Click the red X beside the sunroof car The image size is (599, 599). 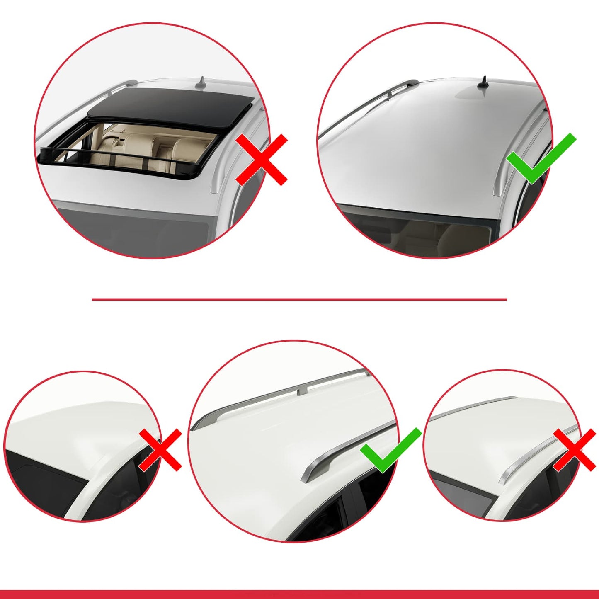click(x=262, y=160)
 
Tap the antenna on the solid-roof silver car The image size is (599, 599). click(x=483, y=82)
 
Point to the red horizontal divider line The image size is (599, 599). click(x=299, y=299)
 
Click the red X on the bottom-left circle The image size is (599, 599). click(x=160, y=450)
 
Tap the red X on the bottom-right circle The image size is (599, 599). click(x=575, y=450)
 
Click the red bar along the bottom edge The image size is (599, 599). click(x=299, y=594)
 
